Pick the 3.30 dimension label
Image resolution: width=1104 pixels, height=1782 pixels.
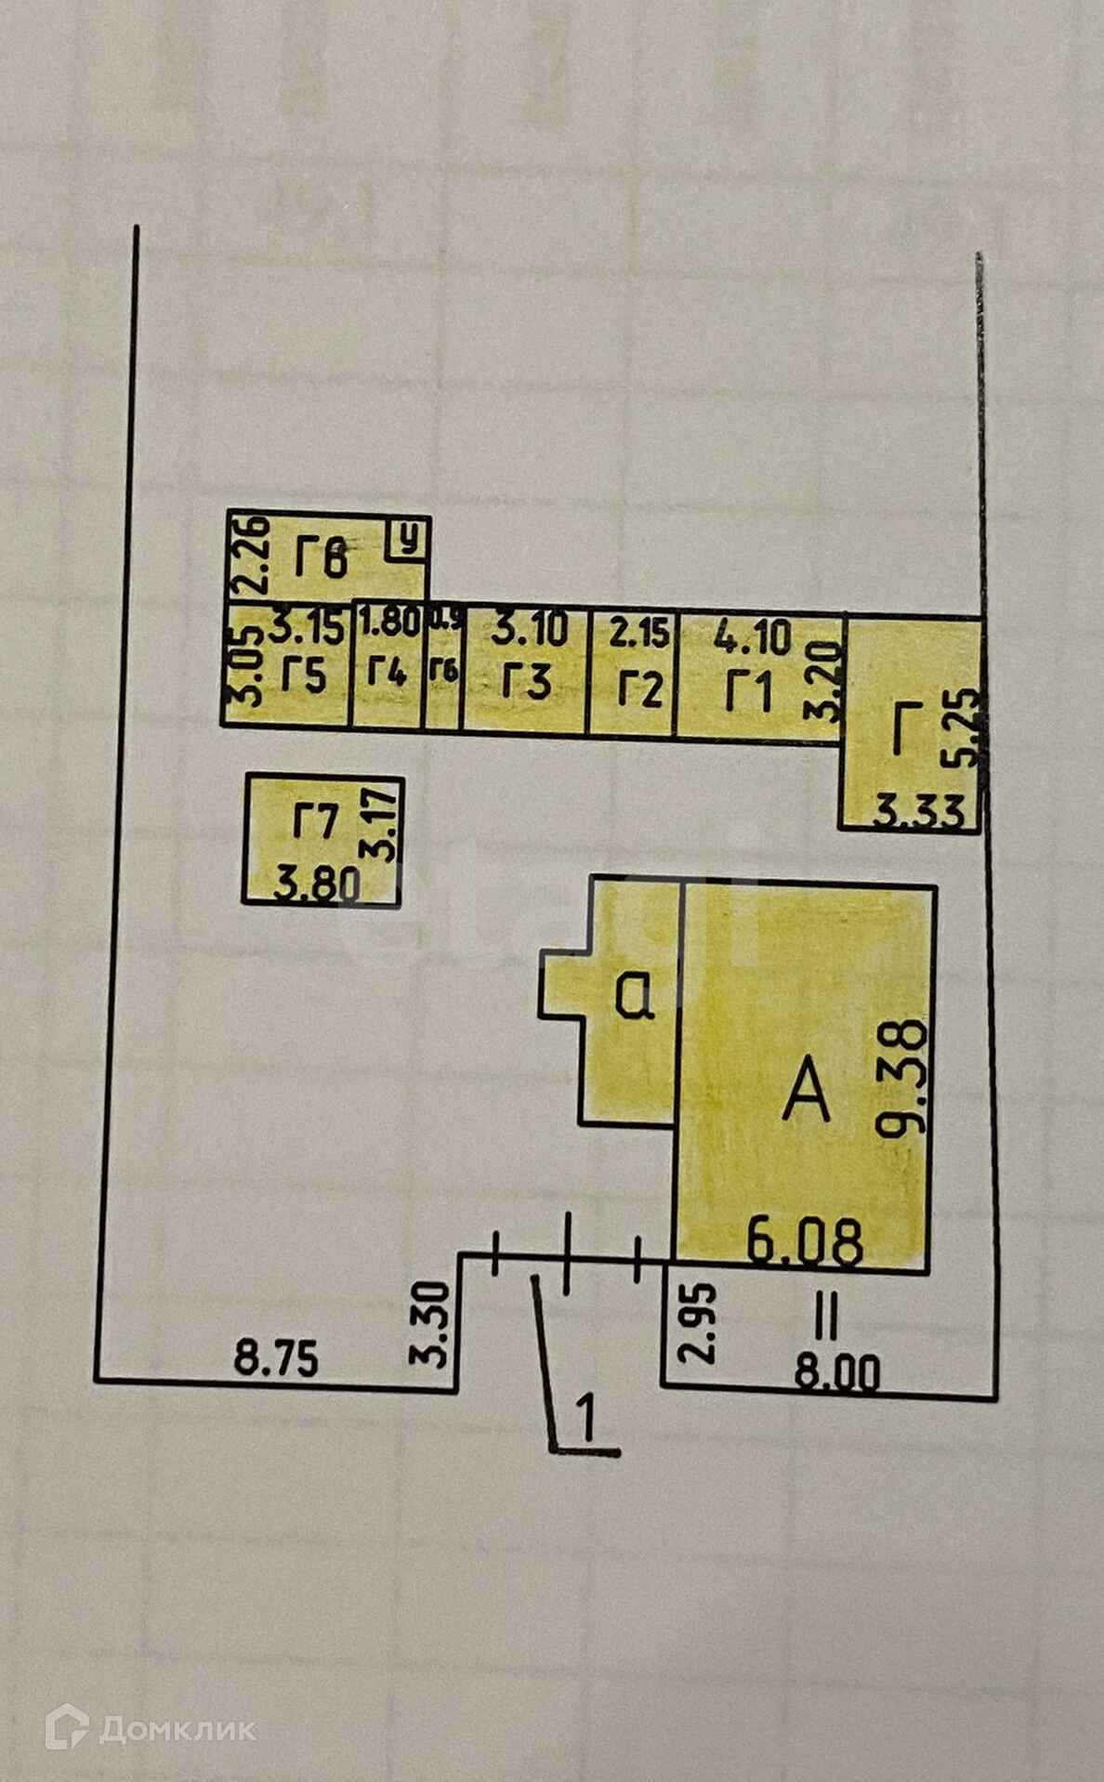pos(433,1323)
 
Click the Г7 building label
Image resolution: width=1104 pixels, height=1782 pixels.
pos(314,823)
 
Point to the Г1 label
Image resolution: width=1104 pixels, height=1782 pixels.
pos(749,693)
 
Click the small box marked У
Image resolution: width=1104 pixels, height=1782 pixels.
pos(406,538)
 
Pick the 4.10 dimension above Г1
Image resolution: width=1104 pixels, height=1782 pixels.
pos(754,638)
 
